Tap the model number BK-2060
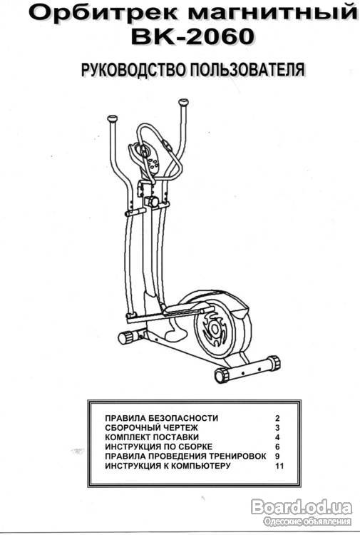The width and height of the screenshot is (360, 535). point(193,36)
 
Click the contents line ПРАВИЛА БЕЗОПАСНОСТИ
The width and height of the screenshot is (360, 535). point(162,418)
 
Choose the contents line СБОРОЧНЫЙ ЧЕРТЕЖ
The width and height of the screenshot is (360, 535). point(151,427)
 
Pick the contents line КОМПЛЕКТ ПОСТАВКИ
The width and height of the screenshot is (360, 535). point(152,437)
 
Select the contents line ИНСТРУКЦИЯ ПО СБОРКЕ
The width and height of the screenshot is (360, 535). point(158,447)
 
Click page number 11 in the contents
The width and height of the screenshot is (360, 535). point(279,466)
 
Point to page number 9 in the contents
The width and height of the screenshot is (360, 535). point(277,457)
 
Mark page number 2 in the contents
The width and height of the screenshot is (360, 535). point(277,418)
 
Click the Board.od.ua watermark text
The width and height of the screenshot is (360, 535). point(302,507)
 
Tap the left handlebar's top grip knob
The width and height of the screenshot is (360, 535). point(112,119)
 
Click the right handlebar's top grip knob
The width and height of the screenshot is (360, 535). point(183,102)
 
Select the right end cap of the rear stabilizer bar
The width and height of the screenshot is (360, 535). point(274,362)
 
